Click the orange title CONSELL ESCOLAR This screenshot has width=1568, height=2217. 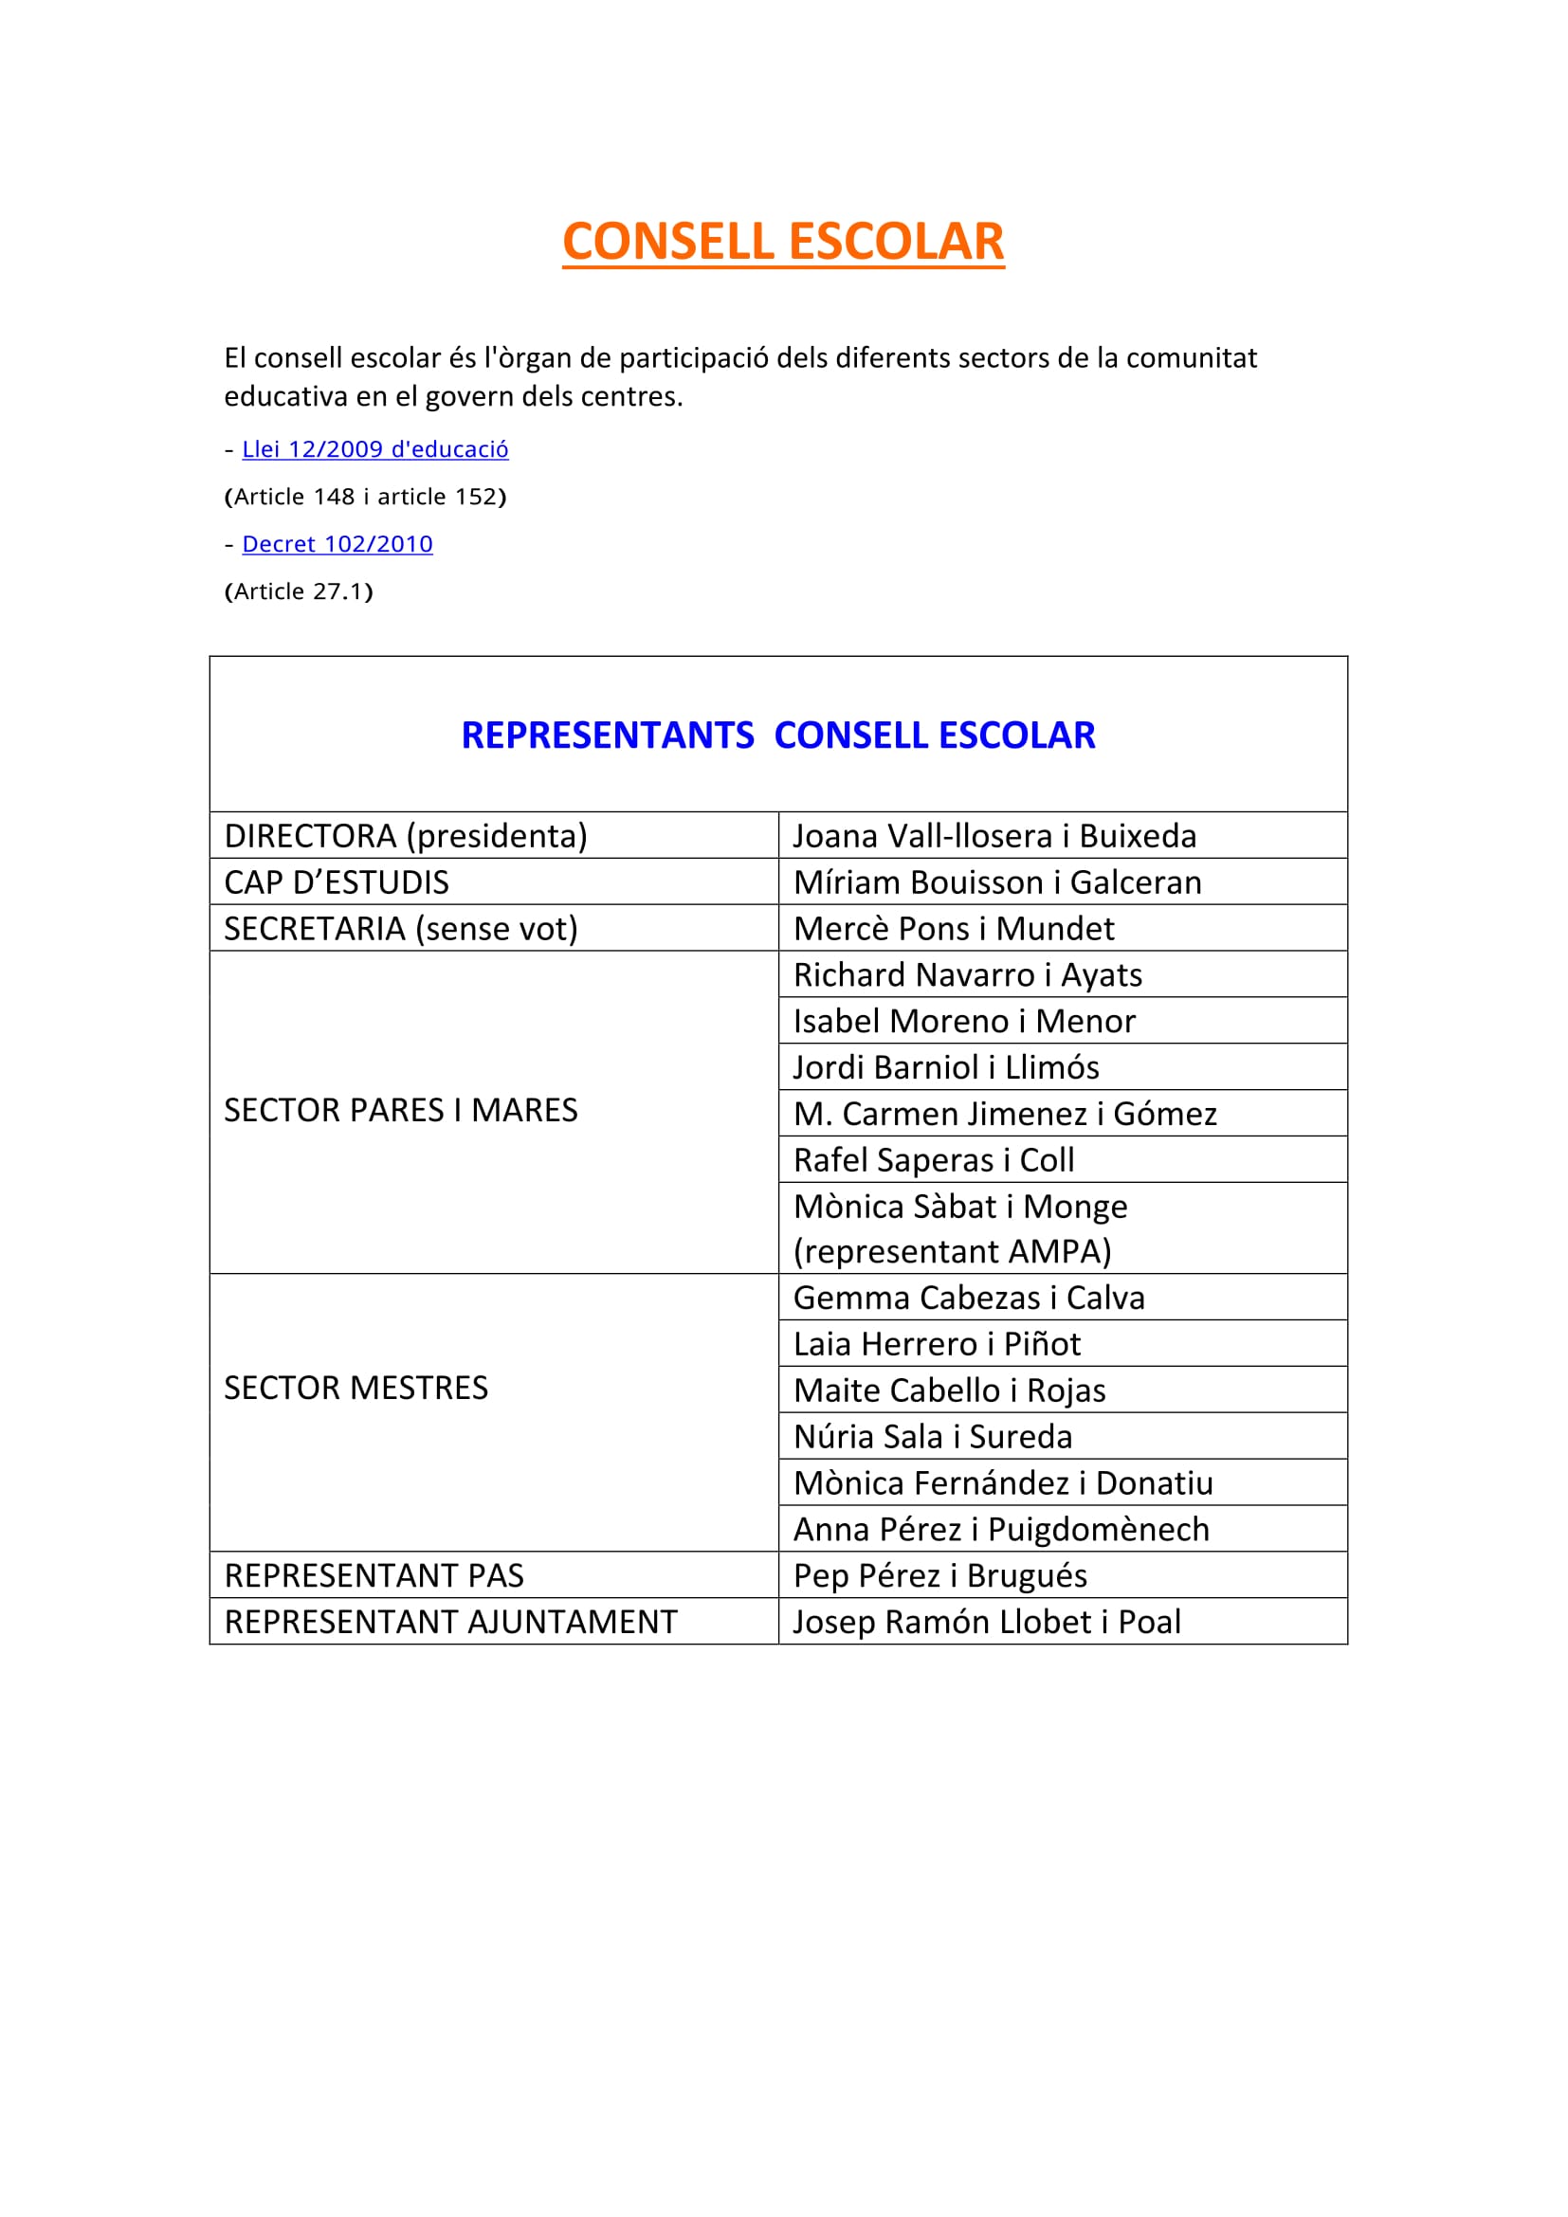tap(783, 242)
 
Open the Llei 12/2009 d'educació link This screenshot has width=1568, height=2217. tap(374, 449)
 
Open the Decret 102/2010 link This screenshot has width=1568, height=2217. tap(337, 544)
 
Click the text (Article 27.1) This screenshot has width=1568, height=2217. tap(299, 591)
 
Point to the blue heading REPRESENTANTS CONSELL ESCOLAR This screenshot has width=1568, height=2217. tap(778, 735)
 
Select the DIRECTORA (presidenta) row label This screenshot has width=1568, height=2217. tap(406, 835)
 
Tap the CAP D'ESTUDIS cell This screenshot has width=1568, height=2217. tap(336, 881)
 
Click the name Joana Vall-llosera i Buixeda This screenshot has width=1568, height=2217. tap(994, 835)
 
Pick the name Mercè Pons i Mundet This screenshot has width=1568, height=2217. tap(953, 928)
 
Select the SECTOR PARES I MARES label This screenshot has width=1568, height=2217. tap(401, 1111)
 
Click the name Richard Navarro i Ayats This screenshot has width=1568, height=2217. tap(968, 974)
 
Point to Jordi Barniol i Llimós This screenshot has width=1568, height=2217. tap(945, 1067)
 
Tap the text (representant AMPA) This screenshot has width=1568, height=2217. tap(952, 1251)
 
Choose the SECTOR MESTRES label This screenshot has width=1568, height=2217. tap(356, 1388)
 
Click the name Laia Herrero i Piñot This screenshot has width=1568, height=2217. tap(937, 1343)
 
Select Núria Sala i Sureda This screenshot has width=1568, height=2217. tap(933, 1436)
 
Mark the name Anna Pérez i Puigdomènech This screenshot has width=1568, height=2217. tap(1001, 1529)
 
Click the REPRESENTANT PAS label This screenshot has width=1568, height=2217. tap(374, 1575)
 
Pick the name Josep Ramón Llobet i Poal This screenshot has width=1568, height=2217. tap(987, 1621)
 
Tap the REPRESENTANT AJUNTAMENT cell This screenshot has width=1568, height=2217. tap(451, 1621)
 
